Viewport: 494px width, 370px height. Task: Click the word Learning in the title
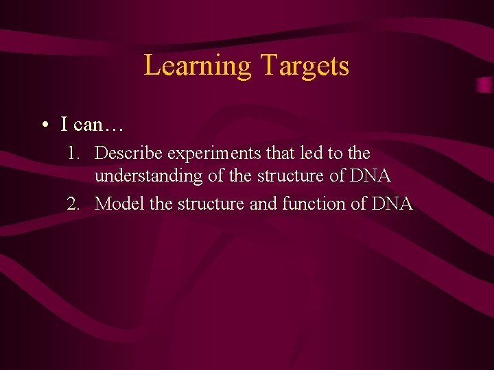(198, 66)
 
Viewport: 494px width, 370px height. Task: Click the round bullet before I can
(44, 125)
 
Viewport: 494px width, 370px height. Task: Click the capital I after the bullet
(64, 125)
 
